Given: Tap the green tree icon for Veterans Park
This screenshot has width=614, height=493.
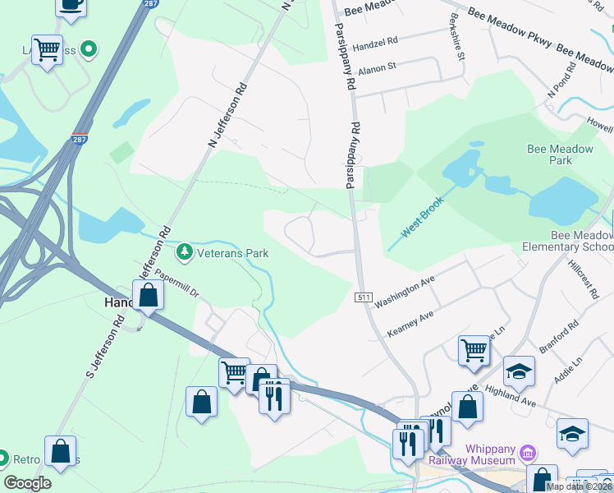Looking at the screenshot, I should (186, 251).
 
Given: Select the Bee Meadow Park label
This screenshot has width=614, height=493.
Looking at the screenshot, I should (561, 154).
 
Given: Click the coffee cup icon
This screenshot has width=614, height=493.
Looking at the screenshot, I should (71, 4).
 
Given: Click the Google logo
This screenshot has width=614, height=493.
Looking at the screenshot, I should (27, 483).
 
